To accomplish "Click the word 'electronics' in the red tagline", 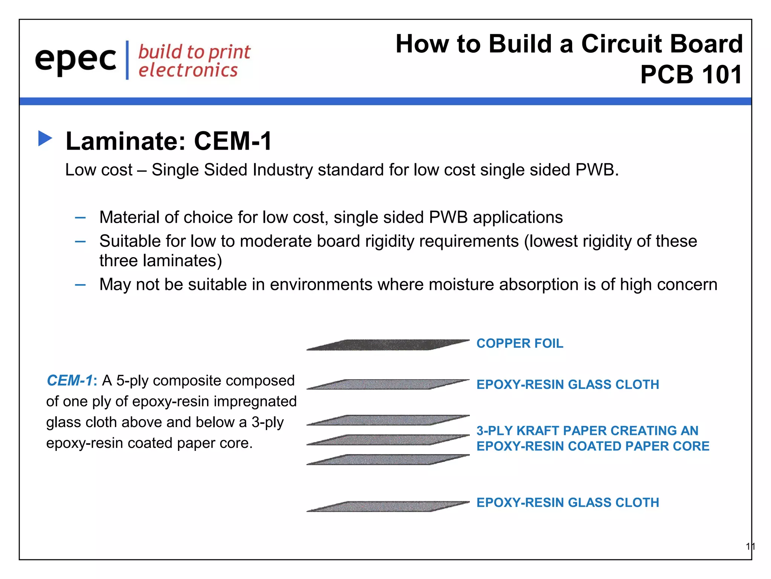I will click(x=188, y=70).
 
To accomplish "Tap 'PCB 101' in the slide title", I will click(x=691, y=75).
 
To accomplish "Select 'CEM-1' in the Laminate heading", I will click(x=233, y=141).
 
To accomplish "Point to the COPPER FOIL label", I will click(x=520, y=343).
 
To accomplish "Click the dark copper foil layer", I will click(x=388, y=345).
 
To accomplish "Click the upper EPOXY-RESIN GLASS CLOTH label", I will click(x=567, y=384).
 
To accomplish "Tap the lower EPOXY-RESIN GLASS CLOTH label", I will click(x=567, y=502).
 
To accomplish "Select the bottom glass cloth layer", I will click(x=388, y=506).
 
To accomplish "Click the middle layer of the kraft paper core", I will click(x=388, y=440).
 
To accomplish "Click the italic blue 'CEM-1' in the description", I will click(x=69, y=381).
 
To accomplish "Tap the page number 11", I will click(x=750, y=547).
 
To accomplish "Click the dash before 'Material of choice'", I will click(x=80, y=218).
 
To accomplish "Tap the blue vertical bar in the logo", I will click(x=127, y=60).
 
